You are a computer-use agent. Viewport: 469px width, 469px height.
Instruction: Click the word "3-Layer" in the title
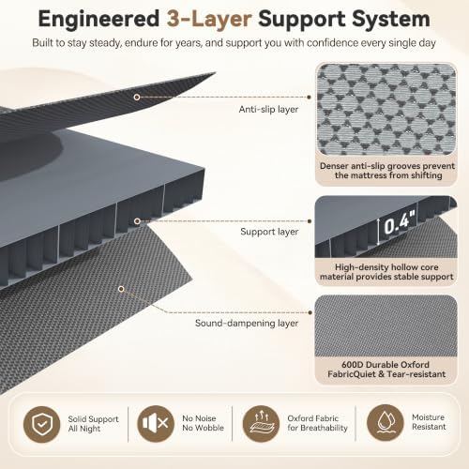click(x=209, y=20)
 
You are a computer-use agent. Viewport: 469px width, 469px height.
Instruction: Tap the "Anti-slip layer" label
click(x=268, y=110)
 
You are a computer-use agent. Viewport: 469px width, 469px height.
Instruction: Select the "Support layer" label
click(x=269, y=232)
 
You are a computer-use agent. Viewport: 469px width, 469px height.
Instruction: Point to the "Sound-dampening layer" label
click(x=247, y=323)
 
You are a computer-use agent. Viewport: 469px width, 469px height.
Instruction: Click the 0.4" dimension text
click(x=400, y=222)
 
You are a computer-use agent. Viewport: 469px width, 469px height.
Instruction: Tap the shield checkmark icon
click(x=42, y=424)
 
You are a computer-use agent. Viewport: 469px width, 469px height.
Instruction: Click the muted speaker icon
click(x=156, y=424)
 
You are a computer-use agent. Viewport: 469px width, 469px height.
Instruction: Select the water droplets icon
click(x=385, y=423)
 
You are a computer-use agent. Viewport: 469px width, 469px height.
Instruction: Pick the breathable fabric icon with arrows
click(x=261, y=424)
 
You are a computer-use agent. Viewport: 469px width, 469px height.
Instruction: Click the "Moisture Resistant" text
click(x=429, y=422)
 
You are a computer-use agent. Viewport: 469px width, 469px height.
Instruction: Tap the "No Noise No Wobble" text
click(x=203, y=423)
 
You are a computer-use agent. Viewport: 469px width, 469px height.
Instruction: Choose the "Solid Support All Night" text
click(x=93, y=424)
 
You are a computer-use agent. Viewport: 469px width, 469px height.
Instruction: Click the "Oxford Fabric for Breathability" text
click(x=317, y=423)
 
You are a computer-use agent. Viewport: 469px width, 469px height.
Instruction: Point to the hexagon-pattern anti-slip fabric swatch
click(x=386, y=109)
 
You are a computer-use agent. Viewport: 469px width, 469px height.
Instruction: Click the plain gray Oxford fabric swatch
click(x=386, y=326)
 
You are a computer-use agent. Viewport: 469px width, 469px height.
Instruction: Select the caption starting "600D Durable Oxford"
click(x=386, y=370)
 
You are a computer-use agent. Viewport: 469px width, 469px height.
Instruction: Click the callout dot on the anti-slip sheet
click(x=137, y=98)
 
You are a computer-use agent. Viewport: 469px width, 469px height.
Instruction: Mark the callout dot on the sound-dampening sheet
click(x=121, y=289)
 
